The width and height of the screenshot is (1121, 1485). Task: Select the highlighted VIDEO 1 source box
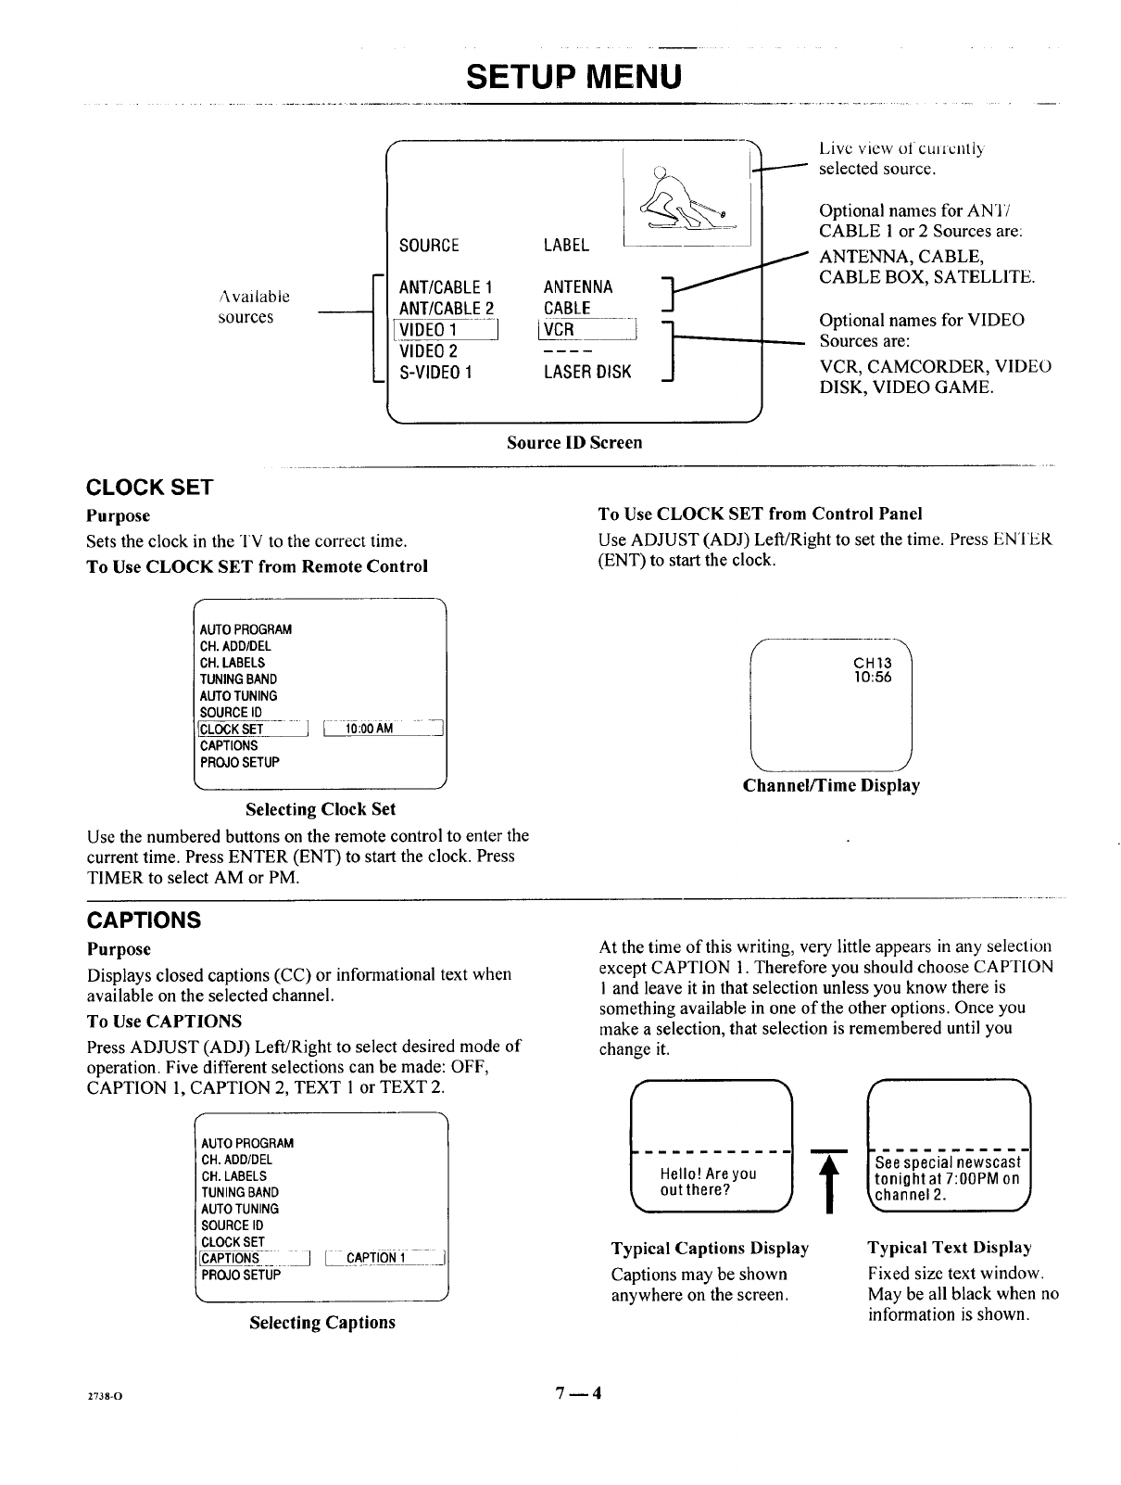pos(447,331)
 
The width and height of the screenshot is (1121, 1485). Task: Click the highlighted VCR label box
pos(589,331)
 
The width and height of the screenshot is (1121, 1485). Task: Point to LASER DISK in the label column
pos(587,373)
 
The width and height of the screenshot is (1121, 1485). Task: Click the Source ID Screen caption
pos(574,443)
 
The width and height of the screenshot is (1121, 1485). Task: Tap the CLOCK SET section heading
pos(149,488)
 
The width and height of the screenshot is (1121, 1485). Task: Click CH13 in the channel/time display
pos(872,663)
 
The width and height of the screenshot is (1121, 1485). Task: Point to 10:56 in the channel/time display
pos(872,678)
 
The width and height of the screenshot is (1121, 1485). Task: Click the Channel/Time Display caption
pos(831,786)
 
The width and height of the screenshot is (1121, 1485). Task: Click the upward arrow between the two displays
pos(830,1182)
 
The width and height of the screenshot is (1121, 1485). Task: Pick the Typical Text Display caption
pos(950,1249)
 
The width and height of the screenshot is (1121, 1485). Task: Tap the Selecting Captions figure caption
pos(321,1323)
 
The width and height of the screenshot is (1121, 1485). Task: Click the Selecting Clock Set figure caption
pos(321,809)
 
